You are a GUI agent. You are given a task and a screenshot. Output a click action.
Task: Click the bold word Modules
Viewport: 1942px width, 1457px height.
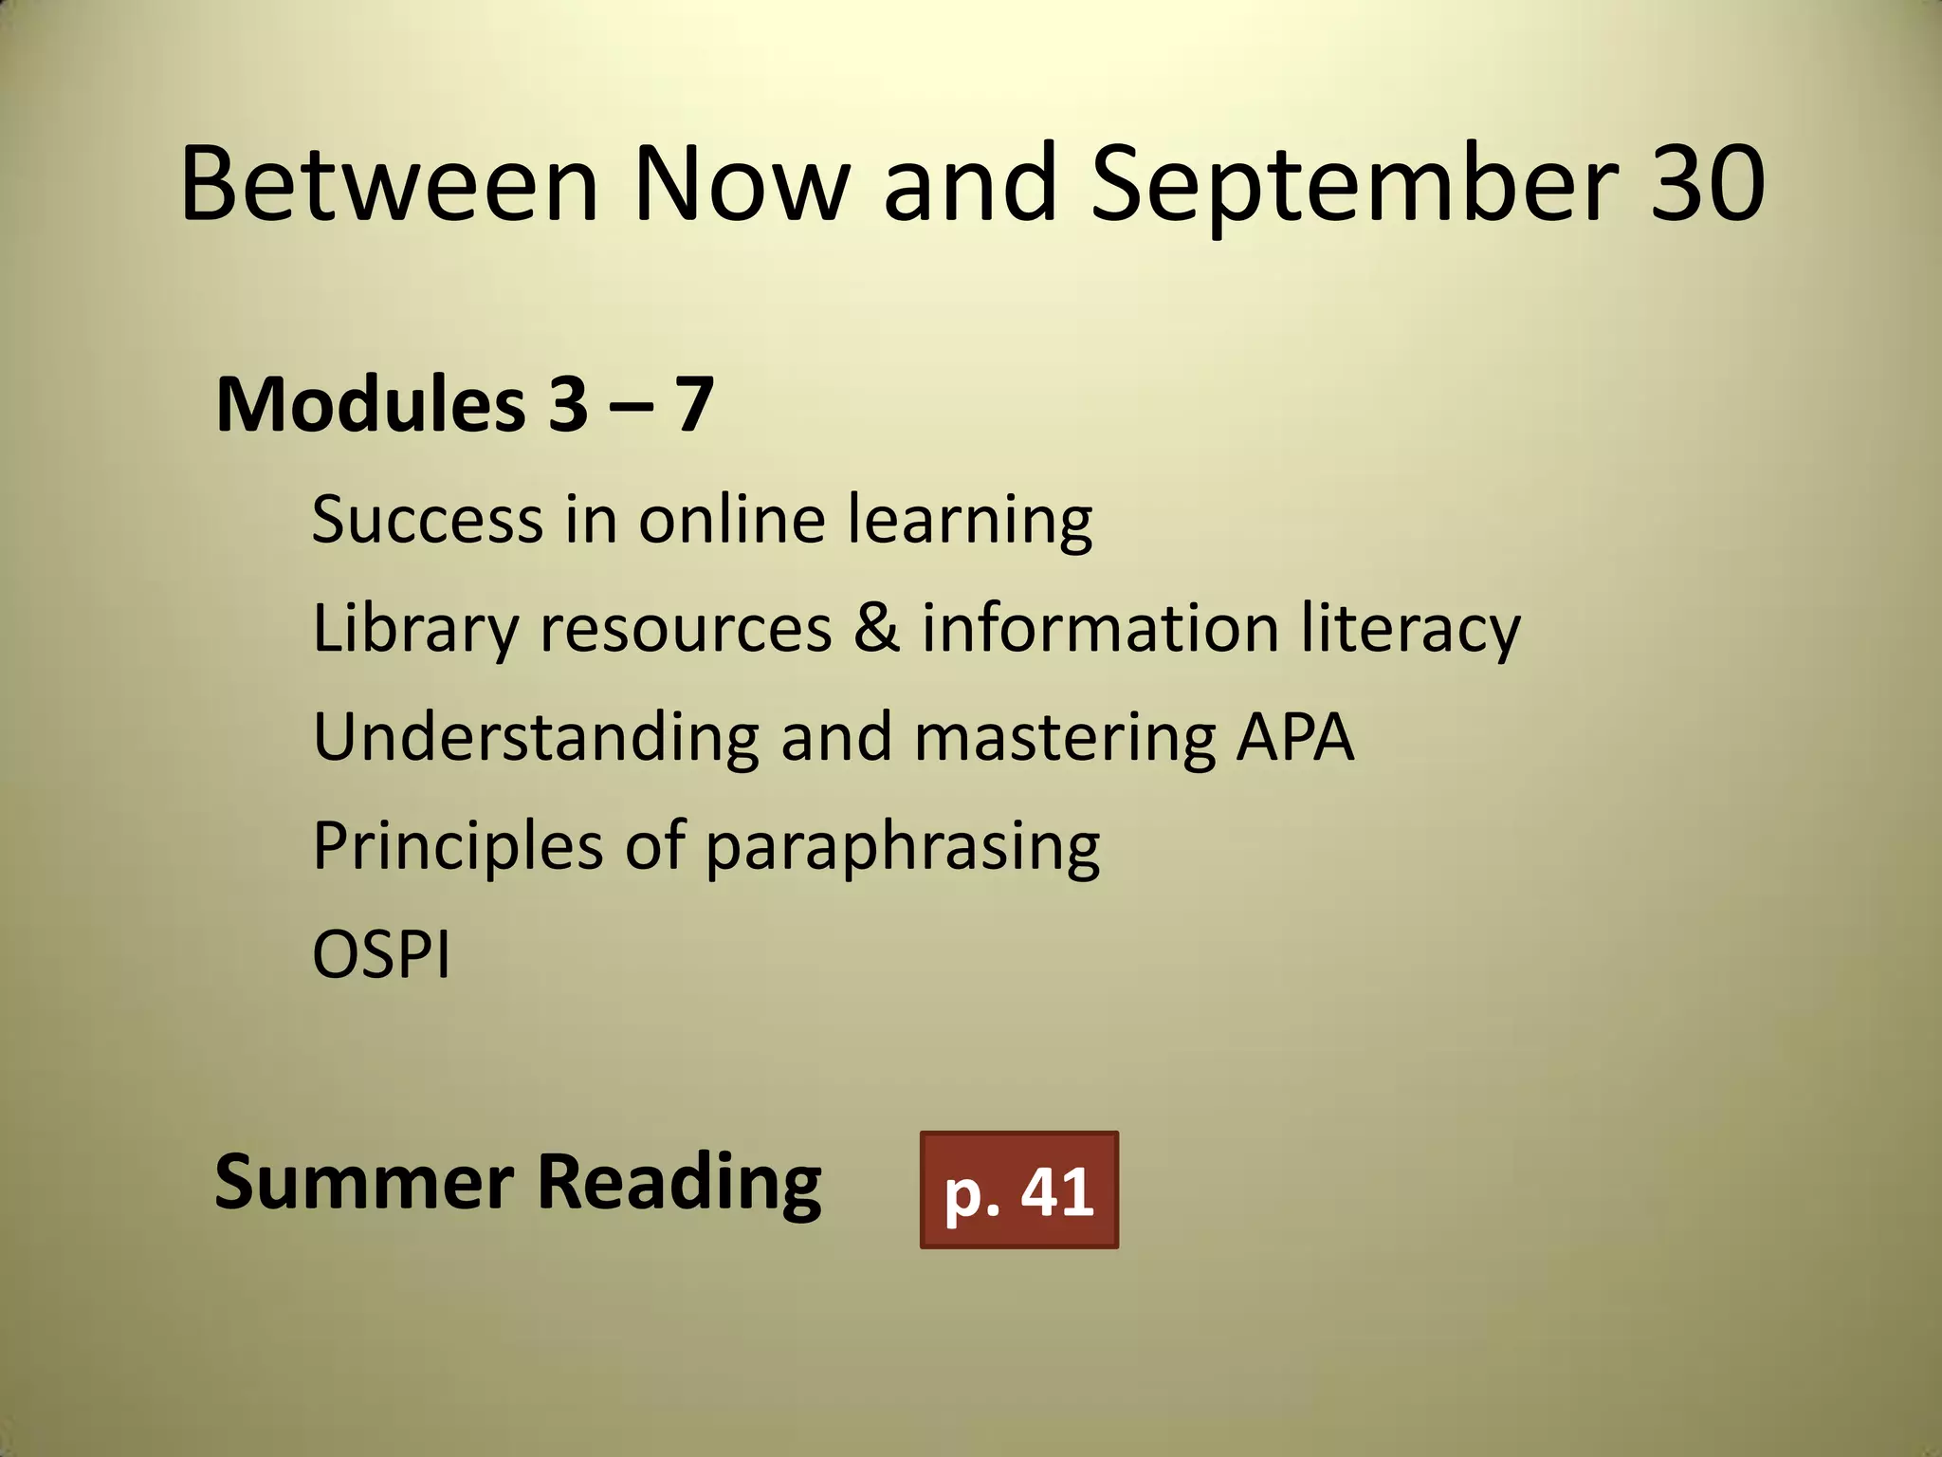point(370,405)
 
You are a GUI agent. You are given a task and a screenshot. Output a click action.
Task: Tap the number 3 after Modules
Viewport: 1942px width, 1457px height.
point(567,405)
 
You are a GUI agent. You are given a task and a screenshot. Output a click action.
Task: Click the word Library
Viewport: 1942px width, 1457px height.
point(415,629)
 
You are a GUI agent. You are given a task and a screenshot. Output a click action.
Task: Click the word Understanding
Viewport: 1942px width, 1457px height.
point(536,737)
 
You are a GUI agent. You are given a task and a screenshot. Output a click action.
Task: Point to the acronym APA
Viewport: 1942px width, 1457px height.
point(1294,737)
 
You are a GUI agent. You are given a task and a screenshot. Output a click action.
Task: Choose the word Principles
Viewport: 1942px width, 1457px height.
point(457,845)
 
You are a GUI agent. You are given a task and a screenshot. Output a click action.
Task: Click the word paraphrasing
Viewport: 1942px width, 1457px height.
point(902,847)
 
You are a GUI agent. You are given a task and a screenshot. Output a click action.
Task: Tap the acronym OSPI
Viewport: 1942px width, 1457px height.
point(381,954)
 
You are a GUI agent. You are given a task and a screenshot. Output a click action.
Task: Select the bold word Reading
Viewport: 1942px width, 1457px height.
point(679,1184)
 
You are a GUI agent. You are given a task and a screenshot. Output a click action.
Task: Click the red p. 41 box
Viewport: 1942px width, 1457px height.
point(1019,1190)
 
